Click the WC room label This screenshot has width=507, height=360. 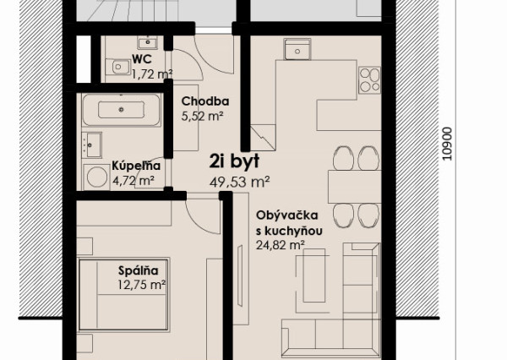[x=142, y=59]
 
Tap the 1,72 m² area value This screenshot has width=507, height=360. [x=152, y=74]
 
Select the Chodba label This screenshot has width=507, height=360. [x=205, y=101]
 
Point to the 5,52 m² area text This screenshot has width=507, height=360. [x=203, y=116]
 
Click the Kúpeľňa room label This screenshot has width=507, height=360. [x=136, y=166]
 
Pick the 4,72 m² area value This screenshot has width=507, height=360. [x=134, y=180]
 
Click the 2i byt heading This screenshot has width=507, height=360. [x=234, y=161]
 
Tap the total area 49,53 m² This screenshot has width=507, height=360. [x=240, y=182]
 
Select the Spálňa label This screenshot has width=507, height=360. [x=139, y=270]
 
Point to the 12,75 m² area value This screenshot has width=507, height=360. [x=142, y=285]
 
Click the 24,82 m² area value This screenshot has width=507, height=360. [x=281, y=245]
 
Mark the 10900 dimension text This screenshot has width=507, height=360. [x=447, y=144]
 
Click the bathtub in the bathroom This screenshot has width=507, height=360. [x=121, y=110]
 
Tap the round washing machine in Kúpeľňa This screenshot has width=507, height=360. [x=96, y=177]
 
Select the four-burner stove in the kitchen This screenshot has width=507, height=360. [x=370, y=80]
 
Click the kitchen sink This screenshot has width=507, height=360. [x=297, y=49]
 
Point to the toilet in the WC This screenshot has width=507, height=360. [x=118, y=67]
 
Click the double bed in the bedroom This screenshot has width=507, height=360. [x=123, y=294]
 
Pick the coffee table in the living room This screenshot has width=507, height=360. [x=314, y=275]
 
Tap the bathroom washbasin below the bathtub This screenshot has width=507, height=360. [x=92, y=145]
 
